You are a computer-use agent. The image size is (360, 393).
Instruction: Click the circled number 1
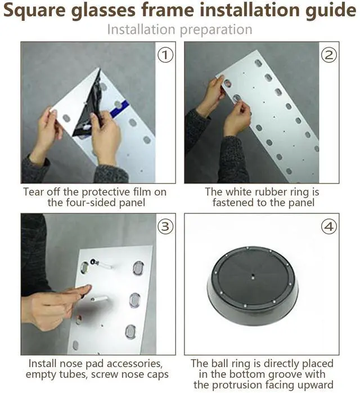(165, 55)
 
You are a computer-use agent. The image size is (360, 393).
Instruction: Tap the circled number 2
(329, 55)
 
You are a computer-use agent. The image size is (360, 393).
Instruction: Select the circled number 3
(165, 227)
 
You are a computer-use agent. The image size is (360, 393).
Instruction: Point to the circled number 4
(329, 227)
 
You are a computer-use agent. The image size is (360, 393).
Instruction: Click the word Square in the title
(35, 11)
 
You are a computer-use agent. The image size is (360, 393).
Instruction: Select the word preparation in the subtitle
(216, 30)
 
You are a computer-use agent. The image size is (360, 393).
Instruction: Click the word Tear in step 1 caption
(34, 192)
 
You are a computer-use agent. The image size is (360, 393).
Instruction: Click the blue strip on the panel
(120, 107)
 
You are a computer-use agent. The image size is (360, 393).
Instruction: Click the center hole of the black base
(253, 276)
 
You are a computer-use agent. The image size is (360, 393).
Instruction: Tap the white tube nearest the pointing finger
(100, 299)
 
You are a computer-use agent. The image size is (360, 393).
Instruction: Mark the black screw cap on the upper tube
(93, 262)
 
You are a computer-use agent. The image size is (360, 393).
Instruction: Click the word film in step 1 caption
(142, 192)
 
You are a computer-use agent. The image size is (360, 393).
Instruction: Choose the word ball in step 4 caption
(220, 363)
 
